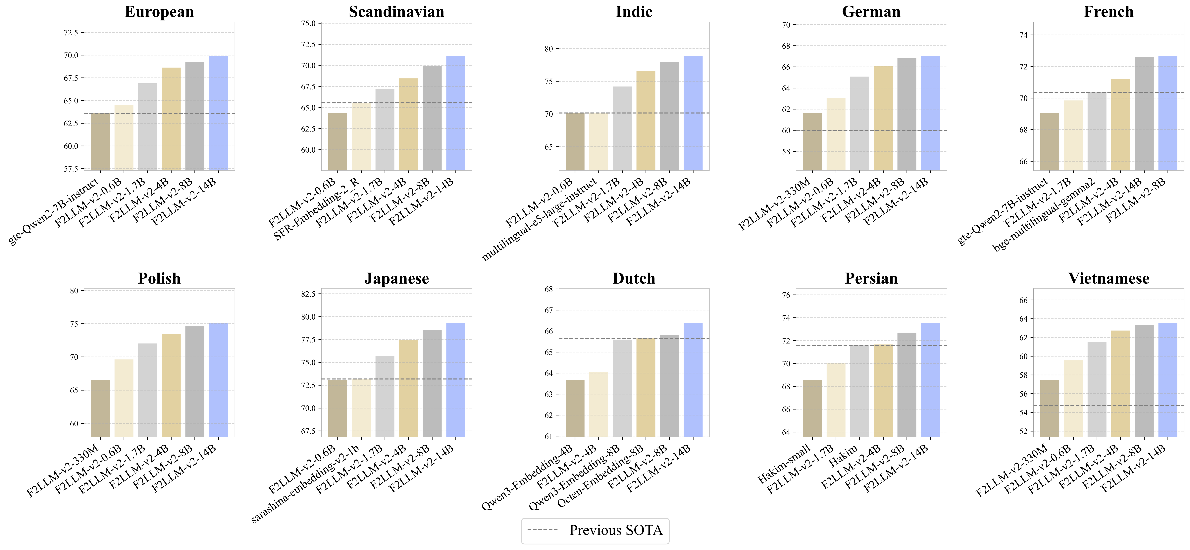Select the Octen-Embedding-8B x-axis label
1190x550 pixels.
point(600,476)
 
